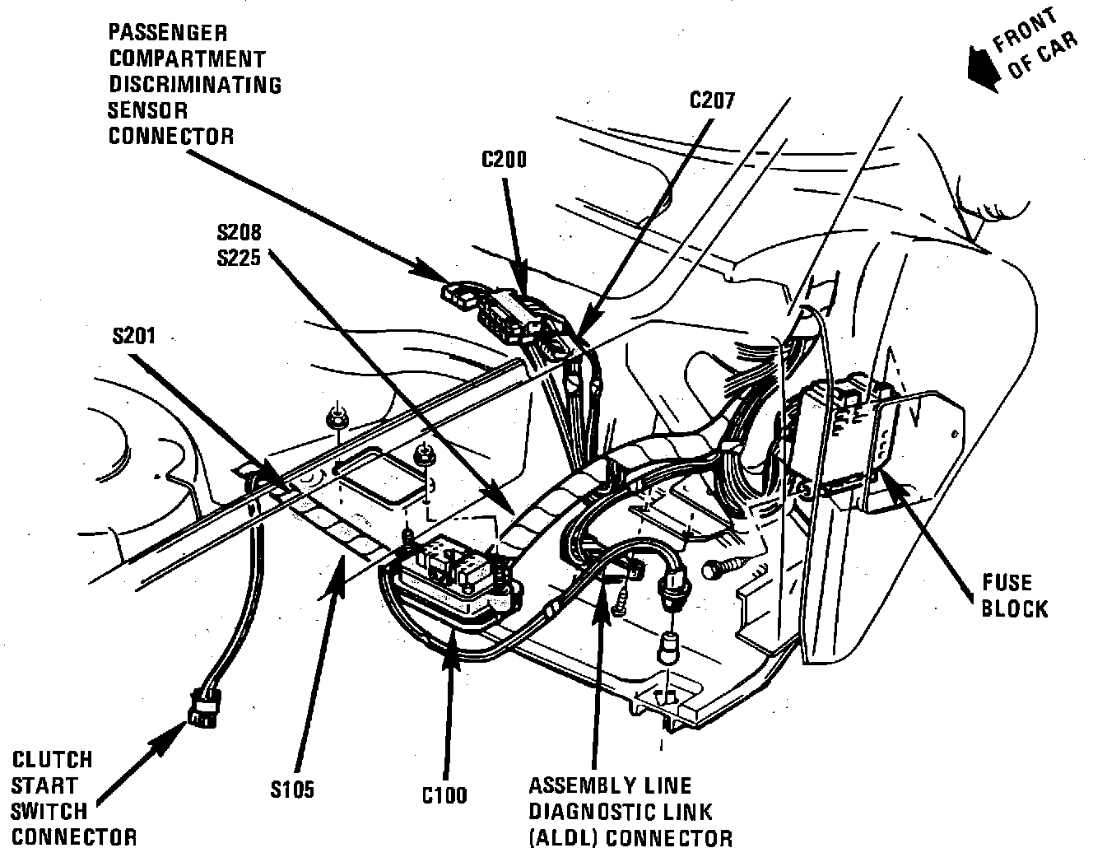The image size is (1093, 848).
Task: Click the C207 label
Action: [711, 100]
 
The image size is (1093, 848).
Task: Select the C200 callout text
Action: [504, 159]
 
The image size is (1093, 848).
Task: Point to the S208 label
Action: [240, 233]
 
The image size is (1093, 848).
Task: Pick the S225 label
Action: [240, 258]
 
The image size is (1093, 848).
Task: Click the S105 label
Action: [292, 790]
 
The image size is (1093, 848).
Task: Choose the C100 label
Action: [444, 794]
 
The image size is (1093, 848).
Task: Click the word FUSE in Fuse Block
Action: [1007, 584]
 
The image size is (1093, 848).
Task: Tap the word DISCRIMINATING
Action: [195, 85]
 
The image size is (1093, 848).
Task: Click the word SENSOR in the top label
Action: [148, 110]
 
